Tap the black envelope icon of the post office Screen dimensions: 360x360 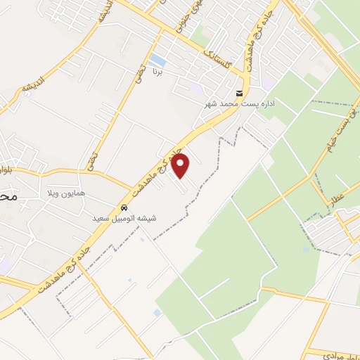click(240, 93)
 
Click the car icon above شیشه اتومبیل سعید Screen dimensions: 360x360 click(124, 208)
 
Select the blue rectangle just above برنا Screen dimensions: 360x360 click(157, 60)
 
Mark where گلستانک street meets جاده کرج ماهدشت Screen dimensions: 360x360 click(245, 75)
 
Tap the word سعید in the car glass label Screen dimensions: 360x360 click(103, 219)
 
